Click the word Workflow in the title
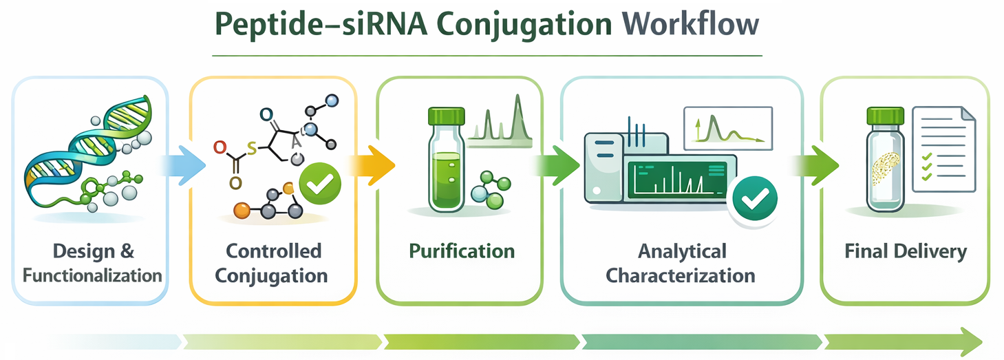(690, 24)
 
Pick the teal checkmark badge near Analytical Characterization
(754, 199)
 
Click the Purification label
(462, 251)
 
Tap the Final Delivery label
(906, 251)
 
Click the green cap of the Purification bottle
(445, 115)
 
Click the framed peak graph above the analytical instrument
(727, 127)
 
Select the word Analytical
(681, 251)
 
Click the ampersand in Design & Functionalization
(127, 251)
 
